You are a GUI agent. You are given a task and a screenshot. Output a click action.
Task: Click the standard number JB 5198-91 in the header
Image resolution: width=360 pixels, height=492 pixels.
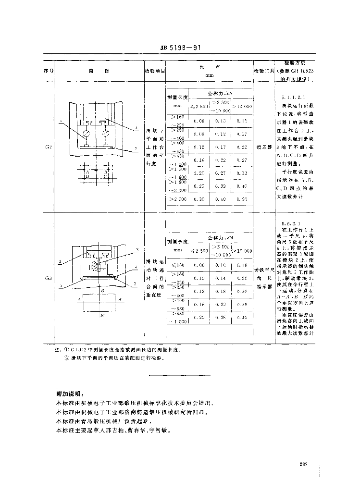[x=180, y=48]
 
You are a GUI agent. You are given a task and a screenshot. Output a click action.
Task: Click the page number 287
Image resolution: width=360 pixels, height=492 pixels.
[x=302, y=464]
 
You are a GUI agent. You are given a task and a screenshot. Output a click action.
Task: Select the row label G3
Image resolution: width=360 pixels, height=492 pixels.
[x=49, y=278]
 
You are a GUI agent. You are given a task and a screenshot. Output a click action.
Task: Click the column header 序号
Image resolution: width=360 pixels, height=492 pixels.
[x=49, y=71]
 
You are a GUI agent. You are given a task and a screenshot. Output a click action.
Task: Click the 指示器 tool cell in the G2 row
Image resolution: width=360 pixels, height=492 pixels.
[x=264, y=143]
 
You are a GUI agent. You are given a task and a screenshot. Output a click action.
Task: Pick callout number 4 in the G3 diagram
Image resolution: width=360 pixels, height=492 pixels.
[x=137, y=266]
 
